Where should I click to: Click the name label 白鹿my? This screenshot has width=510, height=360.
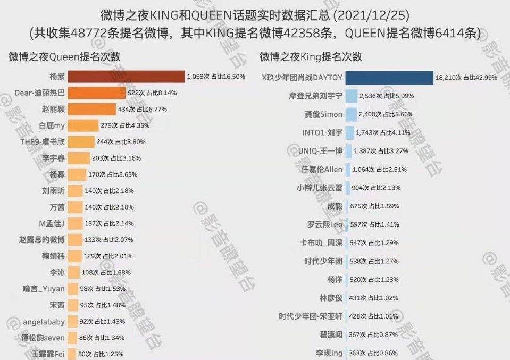[x=52, y=125]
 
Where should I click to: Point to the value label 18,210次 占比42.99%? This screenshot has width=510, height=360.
[x=467, y=78]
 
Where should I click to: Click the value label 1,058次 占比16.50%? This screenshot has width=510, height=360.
[x=216, y=77]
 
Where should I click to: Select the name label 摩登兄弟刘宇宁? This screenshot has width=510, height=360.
[x=315, y=96]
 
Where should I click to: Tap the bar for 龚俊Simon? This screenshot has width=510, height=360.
[x=351, y=114]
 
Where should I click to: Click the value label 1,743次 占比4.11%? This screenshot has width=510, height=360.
[x=384, y=133]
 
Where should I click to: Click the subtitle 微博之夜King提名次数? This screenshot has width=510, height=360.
[x=311, y=56]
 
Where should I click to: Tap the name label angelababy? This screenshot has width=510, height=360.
[x=44, y=322]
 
